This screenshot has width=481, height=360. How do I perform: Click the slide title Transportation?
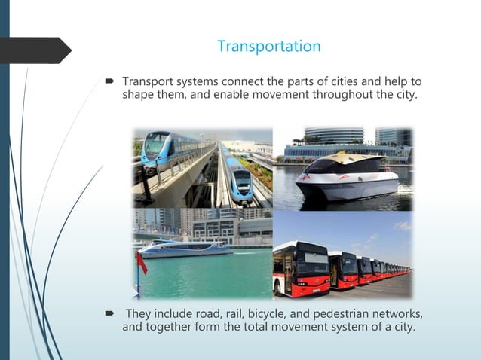pos(268,47)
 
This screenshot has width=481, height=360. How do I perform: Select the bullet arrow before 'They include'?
pos(109,313)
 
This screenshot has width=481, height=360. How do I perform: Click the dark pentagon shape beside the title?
pos(38,50)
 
